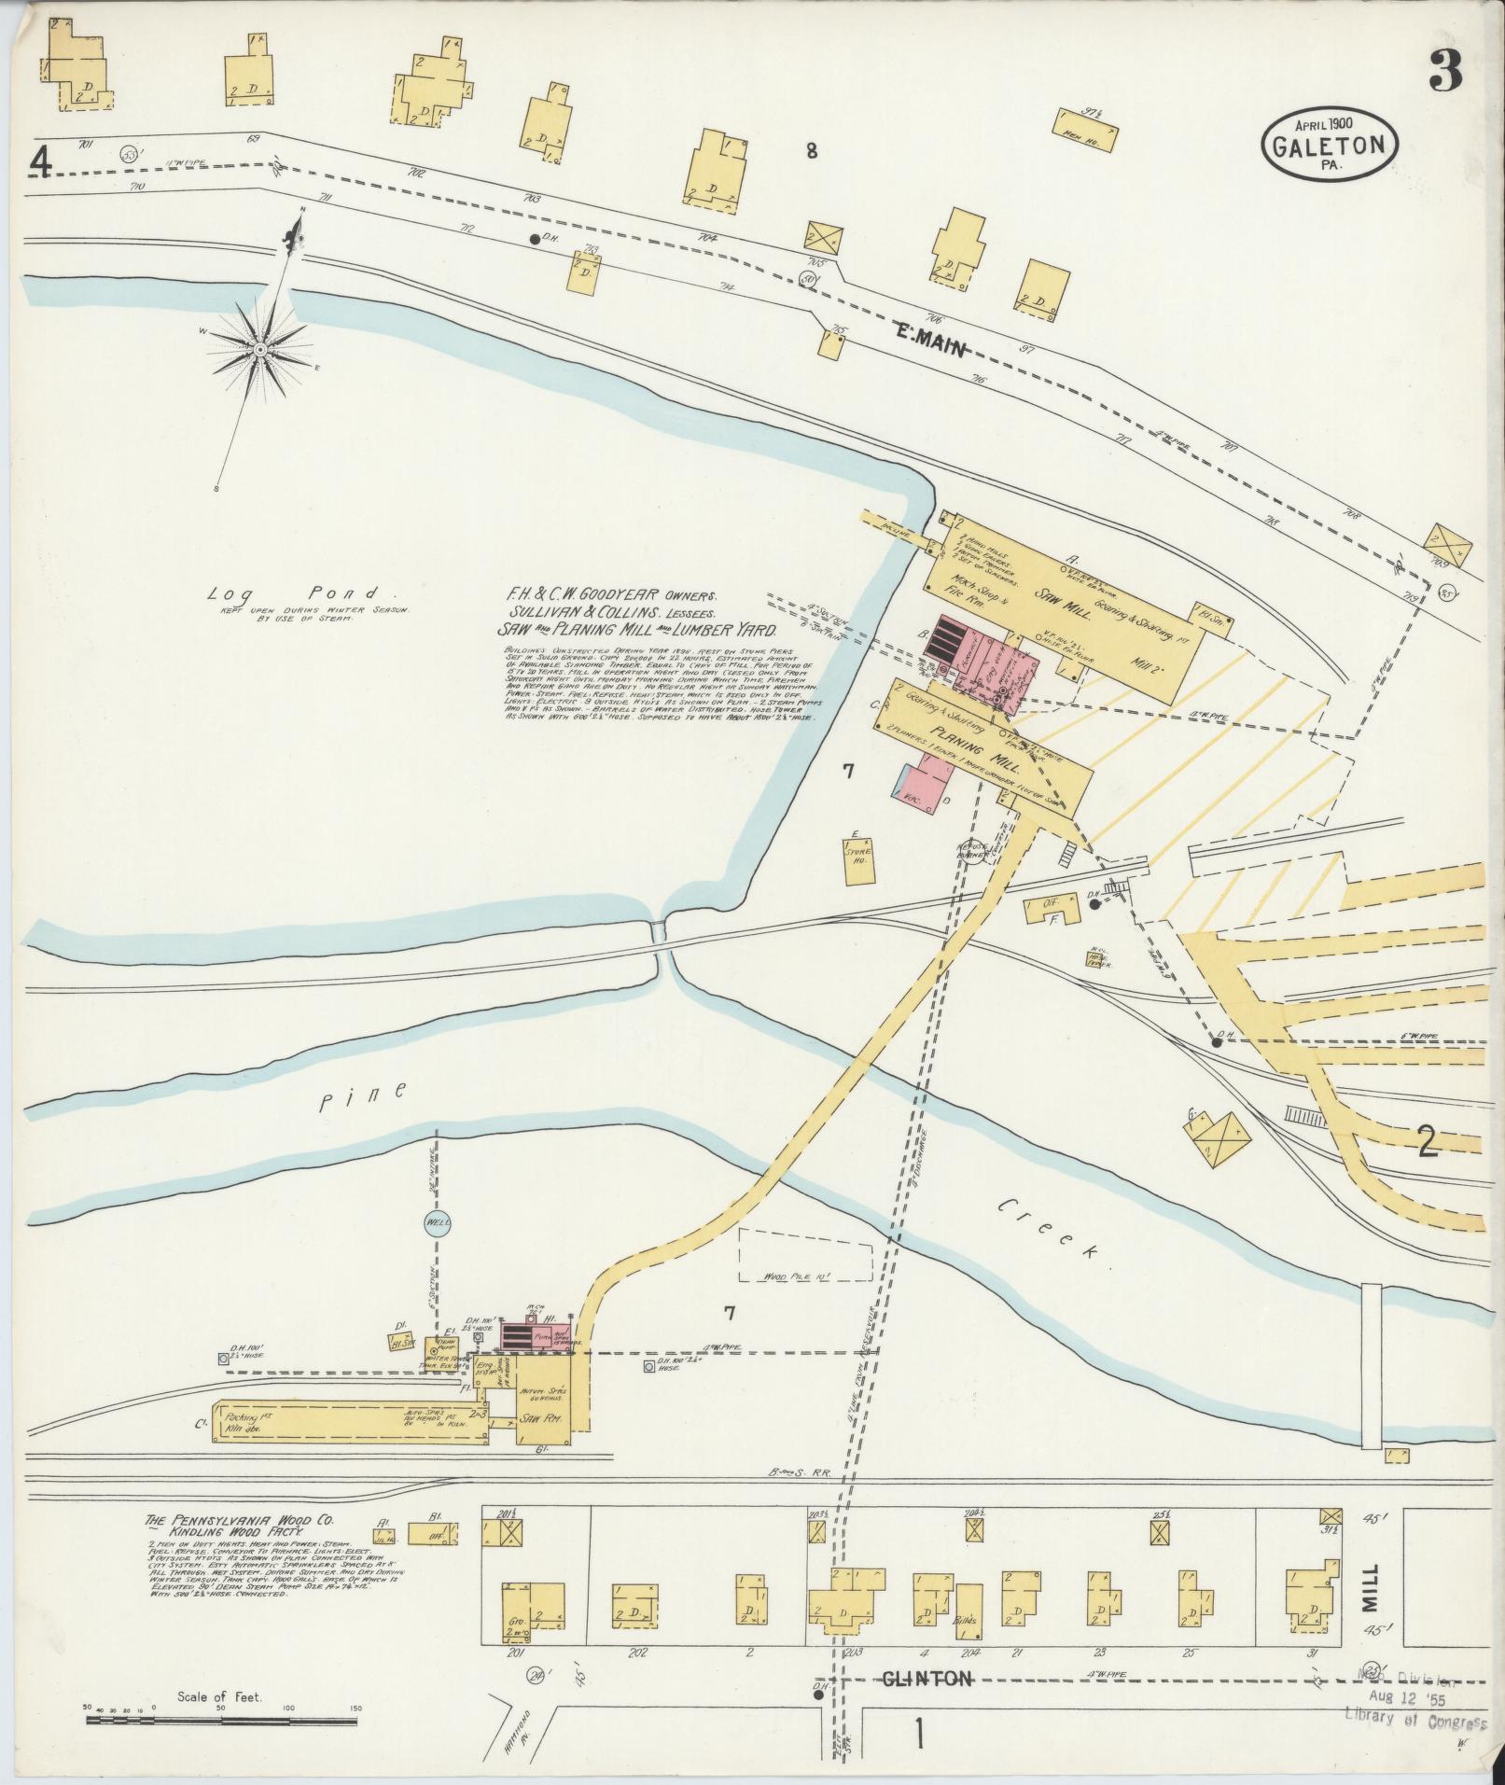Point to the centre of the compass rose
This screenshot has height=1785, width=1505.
pyautogui.click(x=260, y=349)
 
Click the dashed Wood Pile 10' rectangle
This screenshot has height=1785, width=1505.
pyautogui.click(x=805, y=1255)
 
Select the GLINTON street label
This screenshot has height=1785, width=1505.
pyautogui.click(x=928, y=1679)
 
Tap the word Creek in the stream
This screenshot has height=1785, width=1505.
pyautogui.click(x=1050, y=1226)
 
